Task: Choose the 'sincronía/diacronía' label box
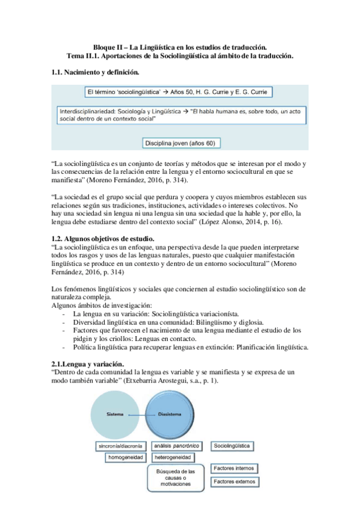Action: click(120, 446)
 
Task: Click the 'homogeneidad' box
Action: click(126, 458)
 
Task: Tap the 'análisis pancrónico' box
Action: click(175, 446)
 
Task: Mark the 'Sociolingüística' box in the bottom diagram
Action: click(232, 446)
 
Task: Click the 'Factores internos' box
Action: click(235, 468)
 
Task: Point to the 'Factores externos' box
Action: click(235, 481)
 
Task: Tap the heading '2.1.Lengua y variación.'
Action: click(88, 364)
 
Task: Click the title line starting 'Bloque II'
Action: click(180, 47)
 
